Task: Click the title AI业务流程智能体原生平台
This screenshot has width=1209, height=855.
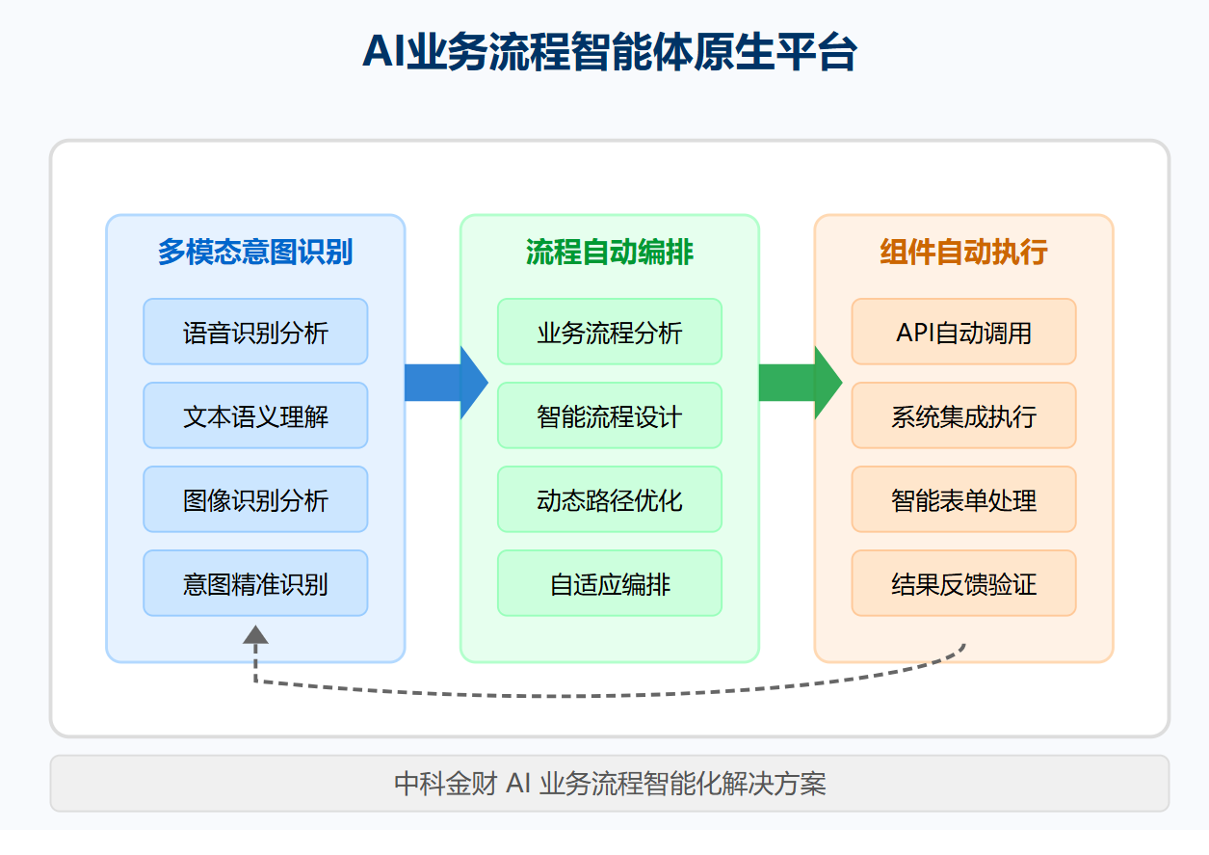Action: pyautogui.click(x=610, y=52)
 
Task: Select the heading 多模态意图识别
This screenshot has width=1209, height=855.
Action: pyautogui.click(x=255, y=252)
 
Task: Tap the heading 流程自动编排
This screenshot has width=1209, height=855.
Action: pyautogui.click(x=610, y=252)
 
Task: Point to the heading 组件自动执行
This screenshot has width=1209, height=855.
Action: pyautogui.click(x=964, y=252)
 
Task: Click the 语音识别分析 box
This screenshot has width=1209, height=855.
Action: pyautogui.click(x=255, y=332)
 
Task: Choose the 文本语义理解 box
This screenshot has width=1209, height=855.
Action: pyautogui.click(x=255, y=415)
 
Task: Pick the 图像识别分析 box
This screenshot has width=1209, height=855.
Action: pyautogui.click(x=255, y=499)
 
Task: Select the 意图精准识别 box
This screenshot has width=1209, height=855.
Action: pyautogui.click(x=255, y=583)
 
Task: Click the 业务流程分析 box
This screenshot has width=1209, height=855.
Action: pyautogui.click(x=610, y=332)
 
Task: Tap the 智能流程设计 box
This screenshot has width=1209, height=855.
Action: pyautogui.click(x=610, y=415)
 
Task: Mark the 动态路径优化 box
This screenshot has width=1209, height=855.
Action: pyautogui.click(x=610, y=499)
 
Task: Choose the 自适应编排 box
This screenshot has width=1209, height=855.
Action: pyautogui.click(x=610, y=583)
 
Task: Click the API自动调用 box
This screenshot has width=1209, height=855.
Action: pyautogui.click(x=964, y=332)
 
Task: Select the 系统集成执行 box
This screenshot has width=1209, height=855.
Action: pyautogui.click(x=964, y=415)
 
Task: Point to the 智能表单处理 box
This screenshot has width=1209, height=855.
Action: pyautogui.click(x=964, y=499)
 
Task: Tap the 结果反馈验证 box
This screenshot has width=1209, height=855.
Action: pyautogui.click(x=964, y=583)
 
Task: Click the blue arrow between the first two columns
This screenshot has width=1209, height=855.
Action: pyautogui.click(x=446, y=383)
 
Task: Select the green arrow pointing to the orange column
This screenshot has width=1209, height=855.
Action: pyautogui.click(x=801, y=383)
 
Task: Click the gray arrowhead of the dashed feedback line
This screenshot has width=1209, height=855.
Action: pyautogui.click(x=255, y=634)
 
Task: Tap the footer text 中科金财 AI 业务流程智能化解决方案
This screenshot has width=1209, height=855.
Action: pyautogui.click(x=610, y=784)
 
